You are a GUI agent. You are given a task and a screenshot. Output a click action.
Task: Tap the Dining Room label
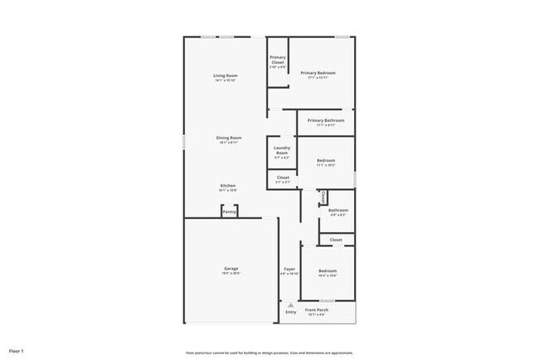point(229,139)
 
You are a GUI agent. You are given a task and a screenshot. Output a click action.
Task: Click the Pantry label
point(229,212)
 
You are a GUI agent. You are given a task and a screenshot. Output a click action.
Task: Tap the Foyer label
point(290,270)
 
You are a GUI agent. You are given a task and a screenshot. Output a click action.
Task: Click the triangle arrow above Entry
point(290,304)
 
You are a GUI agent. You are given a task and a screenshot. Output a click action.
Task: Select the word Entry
point(290,312)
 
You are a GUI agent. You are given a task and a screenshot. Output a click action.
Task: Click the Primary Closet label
point(277,60)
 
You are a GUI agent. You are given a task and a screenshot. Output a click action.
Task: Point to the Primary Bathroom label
point(326,122)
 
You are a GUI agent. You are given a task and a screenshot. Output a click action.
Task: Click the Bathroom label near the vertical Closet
point(338,212)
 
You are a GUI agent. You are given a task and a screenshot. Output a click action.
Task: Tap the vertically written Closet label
point(323,197)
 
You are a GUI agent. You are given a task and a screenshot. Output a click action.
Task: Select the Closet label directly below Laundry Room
point(283,178)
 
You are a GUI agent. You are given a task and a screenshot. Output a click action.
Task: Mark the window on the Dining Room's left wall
point(184,141)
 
